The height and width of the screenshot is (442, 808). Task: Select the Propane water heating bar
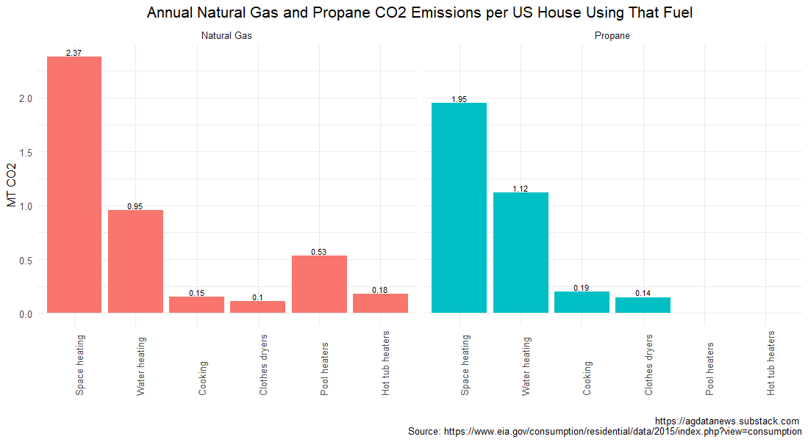coord(521,253)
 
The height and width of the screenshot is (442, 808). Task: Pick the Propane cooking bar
coord(582,302)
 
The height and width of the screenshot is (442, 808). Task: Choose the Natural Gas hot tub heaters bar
coord(380,303)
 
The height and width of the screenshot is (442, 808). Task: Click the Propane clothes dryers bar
coord(643,305)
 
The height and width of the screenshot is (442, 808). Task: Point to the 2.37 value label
coord(74,52)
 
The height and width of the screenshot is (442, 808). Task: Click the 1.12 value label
coord(521,189)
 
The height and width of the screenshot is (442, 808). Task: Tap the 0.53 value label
coord(319,252)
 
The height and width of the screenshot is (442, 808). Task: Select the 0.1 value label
coord(258,297)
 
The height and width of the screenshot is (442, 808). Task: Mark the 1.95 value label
coord(459,99)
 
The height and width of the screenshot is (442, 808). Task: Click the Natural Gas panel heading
coord(228,36)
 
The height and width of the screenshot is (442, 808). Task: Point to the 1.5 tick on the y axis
coord(26,152)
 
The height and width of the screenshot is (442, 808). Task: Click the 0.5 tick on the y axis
coord(26,260)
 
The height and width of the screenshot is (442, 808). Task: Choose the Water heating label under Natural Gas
coord(141,366)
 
